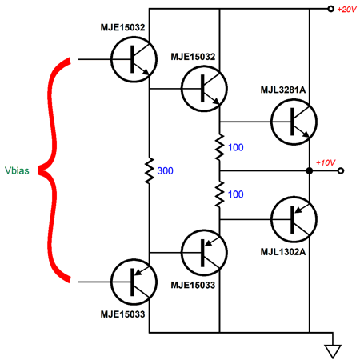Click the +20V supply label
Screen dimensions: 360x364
point(346,10)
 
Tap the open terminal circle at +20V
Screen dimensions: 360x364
point(330,9)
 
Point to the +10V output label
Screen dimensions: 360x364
point(326,162)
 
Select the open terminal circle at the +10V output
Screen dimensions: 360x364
point(341,170)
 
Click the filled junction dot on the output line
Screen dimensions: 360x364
point(310,170)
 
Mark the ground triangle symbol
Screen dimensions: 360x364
point(333,351)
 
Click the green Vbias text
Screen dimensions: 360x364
point(17,170)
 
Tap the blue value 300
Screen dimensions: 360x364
point(165,170)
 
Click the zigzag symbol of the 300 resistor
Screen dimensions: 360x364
point(150,170)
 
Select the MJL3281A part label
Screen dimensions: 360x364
point(283,90)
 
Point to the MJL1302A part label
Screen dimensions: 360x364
point(283,252)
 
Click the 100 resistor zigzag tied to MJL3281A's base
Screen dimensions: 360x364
point(219,147)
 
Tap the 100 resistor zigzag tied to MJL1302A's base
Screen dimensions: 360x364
point(219,194)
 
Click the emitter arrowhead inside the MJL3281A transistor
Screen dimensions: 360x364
point(306,134)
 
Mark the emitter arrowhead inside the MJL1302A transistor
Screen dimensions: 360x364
point(298,210)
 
